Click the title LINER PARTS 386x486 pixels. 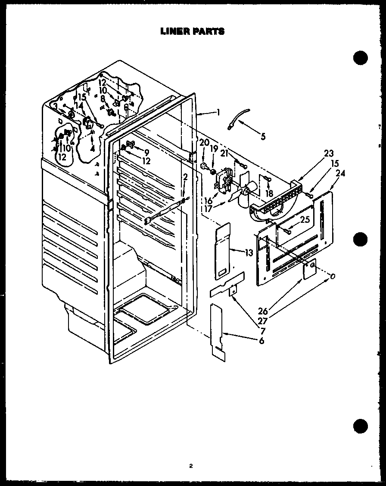click(192, 31)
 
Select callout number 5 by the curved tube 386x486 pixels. click(263, 137)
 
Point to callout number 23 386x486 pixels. click(329, 153)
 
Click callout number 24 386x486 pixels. click(340, 174)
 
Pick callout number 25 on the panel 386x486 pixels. click(305, 220)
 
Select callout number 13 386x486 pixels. click(249, 253)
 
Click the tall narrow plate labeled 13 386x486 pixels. click(223, 249)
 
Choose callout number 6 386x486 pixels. click(261, 341)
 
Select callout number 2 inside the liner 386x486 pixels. click(185, 177)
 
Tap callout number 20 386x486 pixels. click(204, 142)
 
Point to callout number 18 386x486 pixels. click(270, 194)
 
